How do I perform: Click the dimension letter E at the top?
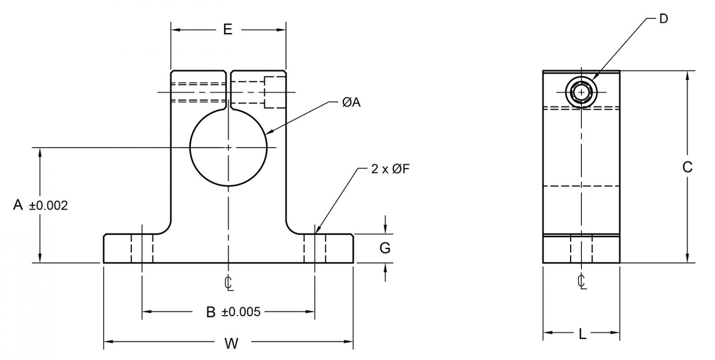[x=227, y=29]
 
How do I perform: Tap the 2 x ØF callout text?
[x=390, y=169]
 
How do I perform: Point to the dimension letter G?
[x=385, y=248]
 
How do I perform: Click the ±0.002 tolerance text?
[x=48, y=205]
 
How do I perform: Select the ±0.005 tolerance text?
[x=241, y=312]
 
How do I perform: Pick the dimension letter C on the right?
[x=687, y=167]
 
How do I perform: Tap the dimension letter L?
[x=582, y=334]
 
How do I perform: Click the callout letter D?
[x=664, y=18]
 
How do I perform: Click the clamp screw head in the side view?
[x=581, y=92]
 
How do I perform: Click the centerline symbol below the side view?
[x=581, y=281]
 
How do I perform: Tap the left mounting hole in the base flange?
[x=142, y=249]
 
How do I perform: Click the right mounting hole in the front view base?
[x=315, y=249]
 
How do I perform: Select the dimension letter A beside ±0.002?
[x=18, y=205]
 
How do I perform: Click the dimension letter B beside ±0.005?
[x=211, y=312]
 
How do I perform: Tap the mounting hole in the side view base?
[x=581, y=249]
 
